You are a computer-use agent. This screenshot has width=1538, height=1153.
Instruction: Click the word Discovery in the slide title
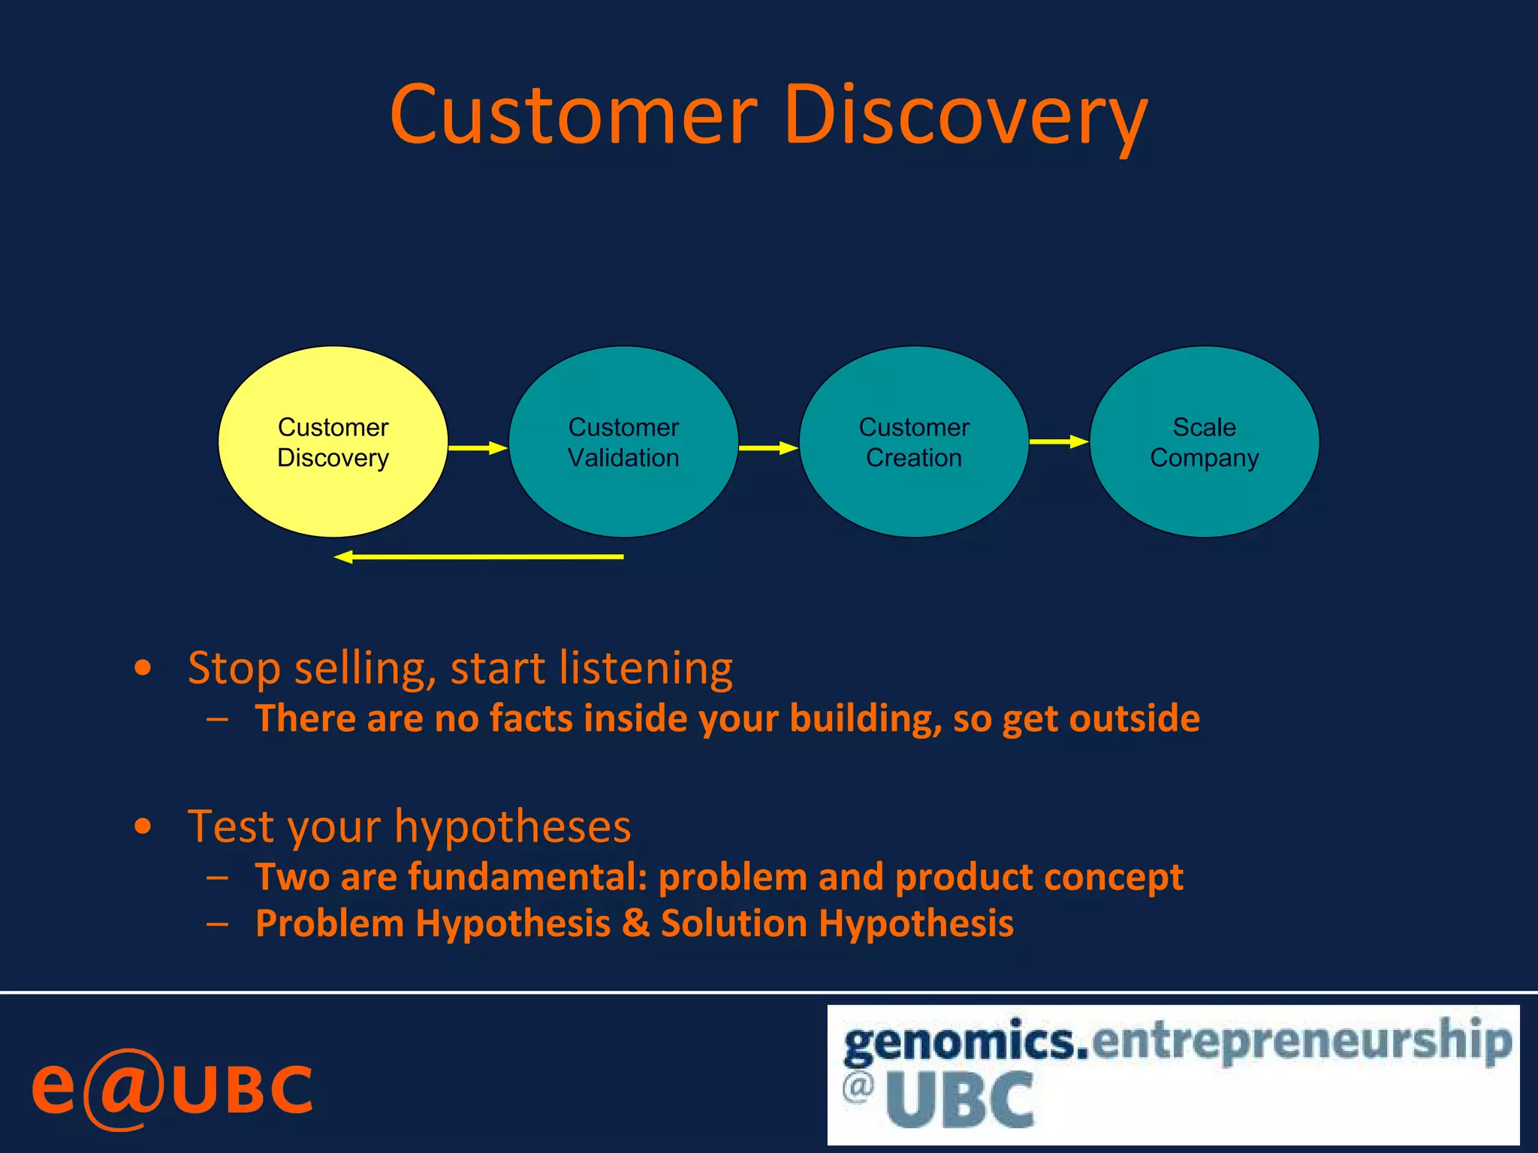[x=965, y=116]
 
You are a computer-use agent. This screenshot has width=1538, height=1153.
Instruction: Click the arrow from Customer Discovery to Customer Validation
[x=478, y=448]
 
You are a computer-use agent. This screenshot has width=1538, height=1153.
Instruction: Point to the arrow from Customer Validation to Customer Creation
[x=767, y=448]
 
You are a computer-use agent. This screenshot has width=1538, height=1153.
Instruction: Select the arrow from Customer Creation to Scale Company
[x=1058, y=441]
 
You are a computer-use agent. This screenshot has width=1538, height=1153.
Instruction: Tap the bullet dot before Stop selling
[x=143, y=668]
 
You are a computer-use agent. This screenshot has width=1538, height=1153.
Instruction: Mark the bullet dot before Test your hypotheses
[x=143, y=826]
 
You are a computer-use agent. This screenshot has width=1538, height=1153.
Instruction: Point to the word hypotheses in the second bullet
[x=512, y=827]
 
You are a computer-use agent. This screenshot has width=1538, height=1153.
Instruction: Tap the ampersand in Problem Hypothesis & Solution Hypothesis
[x=635, y=923]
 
